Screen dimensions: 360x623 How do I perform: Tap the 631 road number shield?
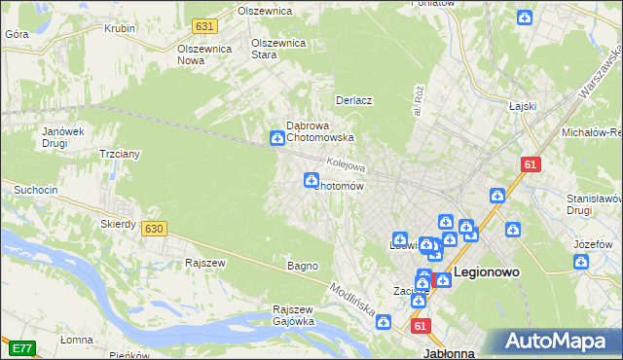click(203, 26)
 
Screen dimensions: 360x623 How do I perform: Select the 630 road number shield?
click(153, 229)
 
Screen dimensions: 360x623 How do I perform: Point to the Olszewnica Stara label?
click(278, 49)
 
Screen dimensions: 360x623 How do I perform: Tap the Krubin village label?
click(119, 28)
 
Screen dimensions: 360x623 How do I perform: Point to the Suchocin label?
click(34, 188)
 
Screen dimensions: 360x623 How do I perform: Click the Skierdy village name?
click(118, 224)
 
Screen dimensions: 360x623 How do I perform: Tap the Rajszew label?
click(205, 263)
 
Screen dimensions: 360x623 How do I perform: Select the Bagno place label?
click(301, 265)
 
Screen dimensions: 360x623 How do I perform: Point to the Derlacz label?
click(355, 100)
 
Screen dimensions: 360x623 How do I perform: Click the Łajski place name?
click(524, 107)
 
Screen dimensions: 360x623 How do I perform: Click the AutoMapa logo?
click(559, 342)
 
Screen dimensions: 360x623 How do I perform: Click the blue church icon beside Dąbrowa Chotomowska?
click(276, 139)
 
